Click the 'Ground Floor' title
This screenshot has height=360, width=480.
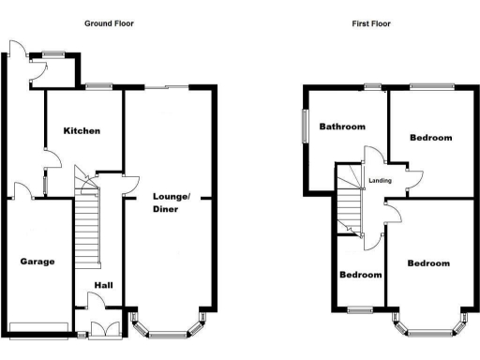point(109,23)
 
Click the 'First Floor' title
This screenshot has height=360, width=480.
point(372,23)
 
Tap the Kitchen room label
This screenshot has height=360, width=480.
point(82,130)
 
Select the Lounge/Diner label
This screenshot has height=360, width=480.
point(172,202)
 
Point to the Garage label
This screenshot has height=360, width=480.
point(37,261)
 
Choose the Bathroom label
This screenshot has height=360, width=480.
point(341,127)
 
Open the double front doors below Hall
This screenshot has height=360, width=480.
point(101,328)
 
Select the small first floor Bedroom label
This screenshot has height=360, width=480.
point(361,275)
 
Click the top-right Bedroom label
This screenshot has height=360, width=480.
point(431,138)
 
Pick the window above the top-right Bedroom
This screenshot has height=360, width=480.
point(430,86)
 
